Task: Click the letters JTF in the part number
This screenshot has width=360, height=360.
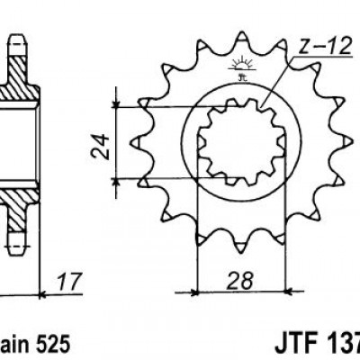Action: pos(293,344)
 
